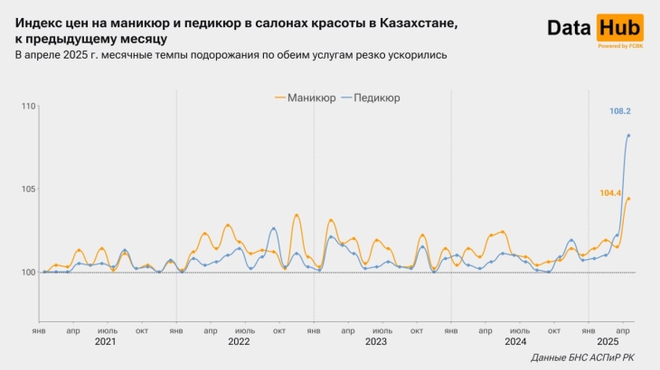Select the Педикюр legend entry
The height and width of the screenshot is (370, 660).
(x=376, y=97)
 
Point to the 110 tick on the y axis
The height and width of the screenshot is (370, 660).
(x=27, y=106)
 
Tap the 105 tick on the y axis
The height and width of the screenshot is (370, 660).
(x=27, y=190)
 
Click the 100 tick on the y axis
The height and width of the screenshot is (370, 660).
(x=27, y=273)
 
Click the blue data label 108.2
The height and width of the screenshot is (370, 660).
(x=620, y=112)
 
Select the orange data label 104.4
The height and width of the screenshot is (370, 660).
(x=610, y=193)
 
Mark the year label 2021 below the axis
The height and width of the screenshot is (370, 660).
(x=106, y=342)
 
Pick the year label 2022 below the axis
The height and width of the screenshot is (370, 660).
(x=239, y=342)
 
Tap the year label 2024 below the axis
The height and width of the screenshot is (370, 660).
(x=515, y=342)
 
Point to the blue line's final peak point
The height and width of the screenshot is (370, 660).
(x=628, y=135)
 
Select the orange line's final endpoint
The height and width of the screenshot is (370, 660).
(x=628, y=199)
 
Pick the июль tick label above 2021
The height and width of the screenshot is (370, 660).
(x=107, y=330)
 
